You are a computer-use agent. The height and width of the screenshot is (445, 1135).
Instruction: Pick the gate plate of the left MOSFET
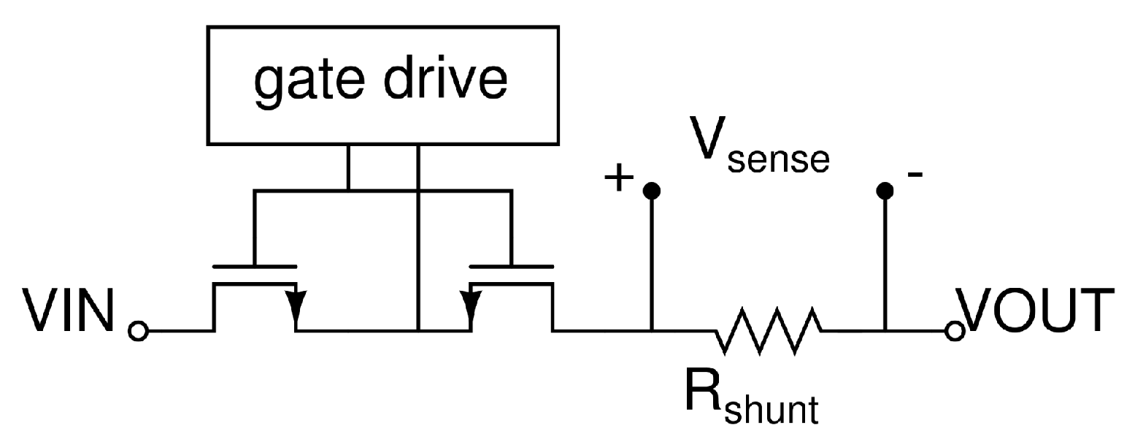(254, 265)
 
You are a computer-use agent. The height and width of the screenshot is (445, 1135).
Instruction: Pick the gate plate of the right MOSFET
(511, 265)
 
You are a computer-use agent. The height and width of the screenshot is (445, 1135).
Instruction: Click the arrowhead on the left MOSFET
(296, 301)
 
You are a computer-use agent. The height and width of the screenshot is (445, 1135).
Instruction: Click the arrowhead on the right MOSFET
(469, 301)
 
